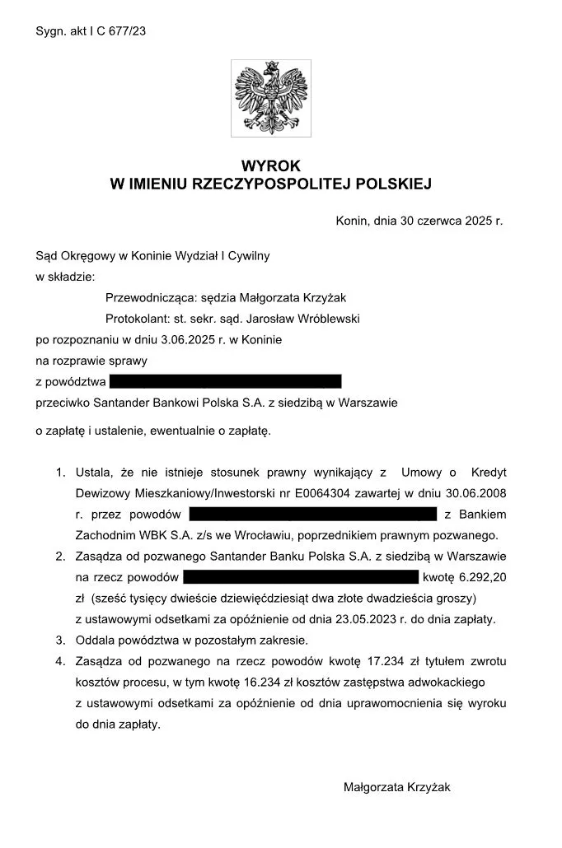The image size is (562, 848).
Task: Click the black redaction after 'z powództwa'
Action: pyautogui.click(x=225, y=381)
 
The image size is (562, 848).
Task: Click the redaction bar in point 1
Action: pyautogui.click(x=312, y=515)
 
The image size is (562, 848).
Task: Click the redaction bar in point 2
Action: pyautogui.click(x=307, y=576)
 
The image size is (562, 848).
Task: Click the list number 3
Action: pyautogui.click(x=60, y=640)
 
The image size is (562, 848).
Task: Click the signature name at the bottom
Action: pyautogui.click(x=397, y=787)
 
